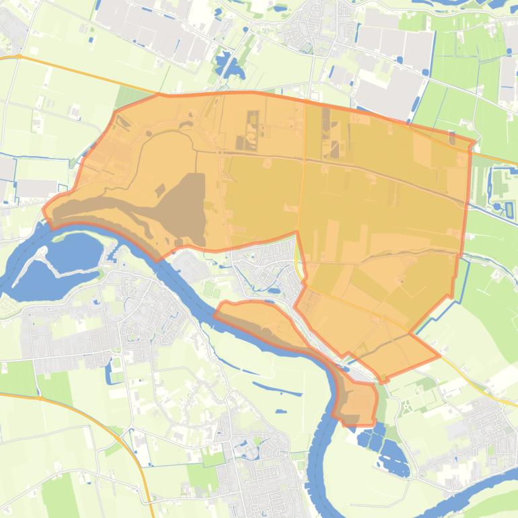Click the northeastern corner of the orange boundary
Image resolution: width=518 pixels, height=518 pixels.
473,143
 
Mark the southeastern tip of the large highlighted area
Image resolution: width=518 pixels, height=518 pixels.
439,355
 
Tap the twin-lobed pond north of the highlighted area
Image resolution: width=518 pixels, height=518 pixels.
229,66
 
